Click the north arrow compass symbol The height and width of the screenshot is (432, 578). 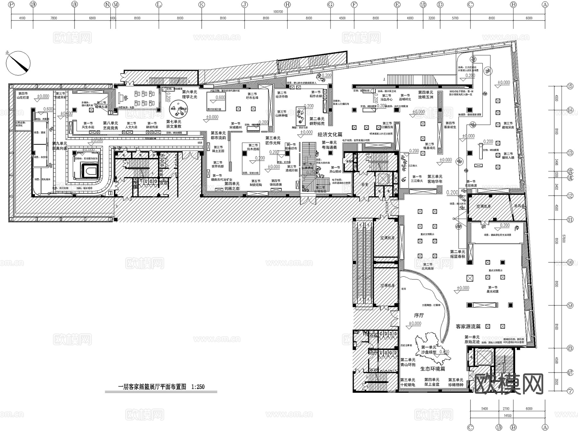pyautogui.click(x=18, y=63)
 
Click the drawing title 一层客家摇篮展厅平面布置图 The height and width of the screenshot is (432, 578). pyautogui.click(x=152, y=387)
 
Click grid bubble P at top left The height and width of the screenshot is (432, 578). pyautogui.click(x=11, y=4)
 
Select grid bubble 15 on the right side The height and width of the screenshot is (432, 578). pyautogui.click(x=570, y=86)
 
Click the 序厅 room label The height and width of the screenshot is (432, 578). pyautogui.click(x=419, y=315)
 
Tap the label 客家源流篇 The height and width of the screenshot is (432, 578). pyautogui.click(x=468, y=326)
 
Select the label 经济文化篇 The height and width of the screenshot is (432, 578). pyautogui.click(x=330, y=135)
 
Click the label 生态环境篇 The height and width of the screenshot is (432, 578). pyautogui.click(x=433, y=369)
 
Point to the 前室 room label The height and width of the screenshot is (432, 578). pyautogui.click(x=364, y=185)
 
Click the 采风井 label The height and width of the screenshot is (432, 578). pyautogui.click(x=519, y=206)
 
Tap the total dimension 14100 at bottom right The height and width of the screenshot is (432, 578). pyautogui.click(x=507, y=416)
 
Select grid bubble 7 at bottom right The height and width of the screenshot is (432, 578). pyautogui.click(x=570, y=391)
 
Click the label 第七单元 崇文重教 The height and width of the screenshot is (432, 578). pyautogui.click(x=174, y=124)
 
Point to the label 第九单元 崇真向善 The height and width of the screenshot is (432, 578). pyautogui.click(x=60, y=146)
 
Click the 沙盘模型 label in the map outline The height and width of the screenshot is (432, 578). pyautogui.click(x=429, y=352)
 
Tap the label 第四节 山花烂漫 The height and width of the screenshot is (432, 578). pyautogui.click(x=23, y=95)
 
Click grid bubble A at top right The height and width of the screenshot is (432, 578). pyautogui.click(x=545, y=4)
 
